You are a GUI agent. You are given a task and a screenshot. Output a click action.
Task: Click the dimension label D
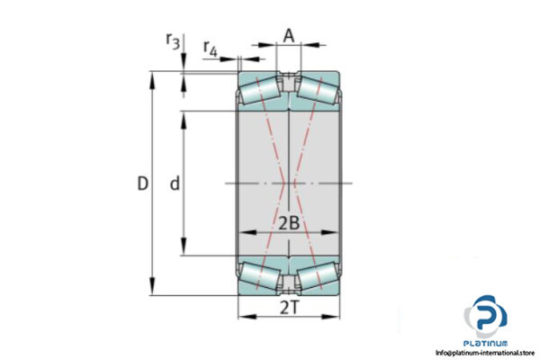point(141,184)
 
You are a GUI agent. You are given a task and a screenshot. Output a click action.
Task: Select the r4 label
point(210,47)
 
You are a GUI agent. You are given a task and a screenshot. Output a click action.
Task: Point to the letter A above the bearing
point(288,35)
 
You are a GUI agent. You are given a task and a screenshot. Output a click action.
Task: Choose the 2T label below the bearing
point(288,309)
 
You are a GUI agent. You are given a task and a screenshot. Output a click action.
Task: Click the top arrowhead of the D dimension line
point(152,76)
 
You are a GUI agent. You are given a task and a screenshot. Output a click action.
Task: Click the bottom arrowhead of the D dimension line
point(152,292)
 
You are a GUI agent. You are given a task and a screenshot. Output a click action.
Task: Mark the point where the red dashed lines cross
point(288,184)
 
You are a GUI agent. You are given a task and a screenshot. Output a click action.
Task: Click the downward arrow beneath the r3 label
point(184,63)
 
